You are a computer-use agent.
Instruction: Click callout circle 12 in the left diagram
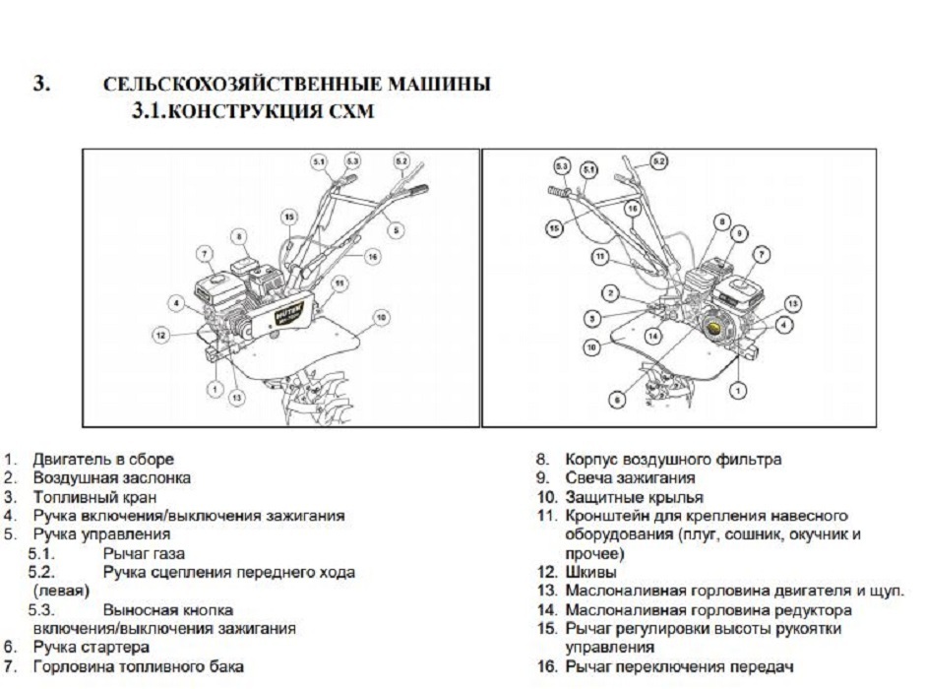click(159, 336)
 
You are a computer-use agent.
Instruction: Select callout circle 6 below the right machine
click(617, 400)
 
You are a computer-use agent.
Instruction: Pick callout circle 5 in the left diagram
click(396, 229)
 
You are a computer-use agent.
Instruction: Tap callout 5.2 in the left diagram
click(401, 159)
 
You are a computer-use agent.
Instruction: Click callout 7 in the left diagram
click(204, 255)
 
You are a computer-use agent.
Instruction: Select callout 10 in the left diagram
click(380, 317)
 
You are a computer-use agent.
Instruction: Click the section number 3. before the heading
click(42, 84)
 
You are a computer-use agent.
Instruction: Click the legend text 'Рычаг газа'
click(143, 554)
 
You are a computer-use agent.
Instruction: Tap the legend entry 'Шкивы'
click(588, 572)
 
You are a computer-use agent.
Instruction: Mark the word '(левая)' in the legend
click(61, 591)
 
